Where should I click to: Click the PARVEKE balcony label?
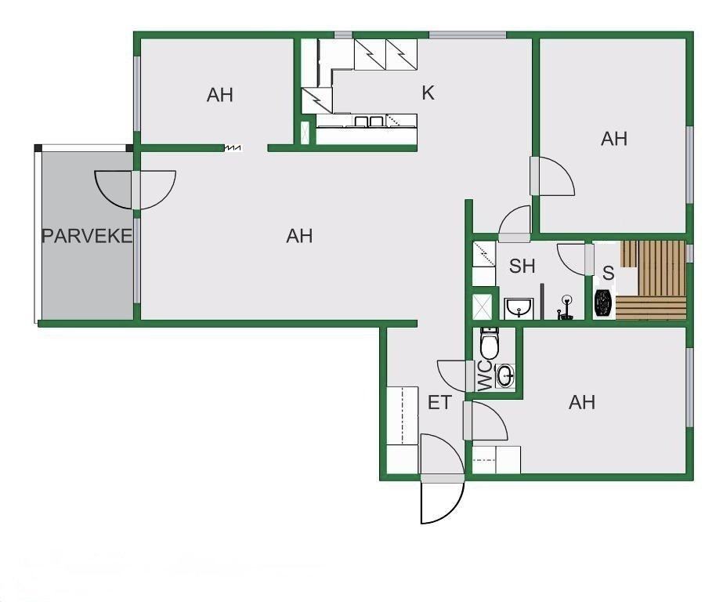[x=87, y=236]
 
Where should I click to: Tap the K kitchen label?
[x=428, y=93]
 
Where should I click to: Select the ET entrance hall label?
[x=439, y=403]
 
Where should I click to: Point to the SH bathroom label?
[x=522, y=266]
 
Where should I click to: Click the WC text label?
[x=484, y=375]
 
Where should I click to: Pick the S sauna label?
[x=608, y=273]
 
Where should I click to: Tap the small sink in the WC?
[x=506, y=375]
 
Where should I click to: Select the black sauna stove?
[x=603, y=303]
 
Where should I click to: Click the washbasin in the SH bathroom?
[x=519, y=308]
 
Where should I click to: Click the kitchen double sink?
[x=369, y=121]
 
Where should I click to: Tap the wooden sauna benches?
[x=652, y=280]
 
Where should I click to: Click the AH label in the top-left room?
[x=220, y=95]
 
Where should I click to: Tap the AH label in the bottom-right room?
[x=582, y=402]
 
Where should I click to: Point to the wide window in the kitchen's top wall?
[x=468, y=35]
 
